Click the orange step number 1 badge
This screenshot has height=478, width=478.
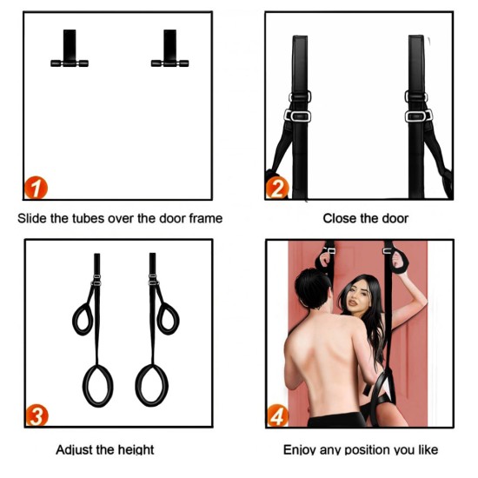tap(36, 188)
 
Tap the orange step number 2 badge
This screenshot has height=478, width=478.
tap(276, 188)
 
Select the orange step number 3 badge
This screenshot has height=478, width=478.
tap(37, 415)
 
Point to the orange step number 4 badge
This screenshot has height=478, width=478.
tap(278, 415)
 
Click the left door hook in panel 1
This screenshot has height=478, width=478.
tap(70, 49)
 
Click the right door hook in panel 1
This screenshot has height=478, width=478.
tap(169, 49)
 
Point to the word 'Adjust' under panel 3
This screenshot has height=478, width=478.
tap(74, 450)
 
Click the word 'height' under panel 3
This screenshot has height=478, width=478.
tap(136, 450)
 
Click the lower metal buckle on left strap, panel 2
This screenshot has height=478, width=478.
tap(297, 116)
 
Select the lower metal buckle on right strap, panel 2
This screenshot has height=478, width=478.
tap(418, 116)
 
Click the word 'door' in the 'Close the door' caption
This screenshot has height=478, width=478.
tap(395, 218)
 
